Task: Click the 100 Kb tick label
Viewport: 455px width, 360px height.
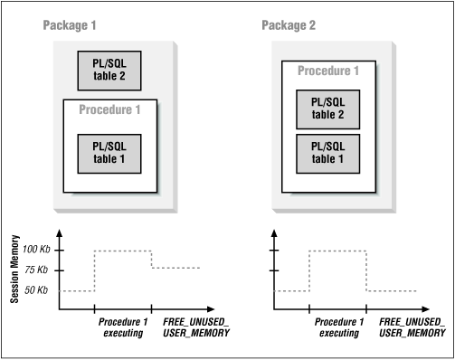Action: click(x=36, y=250)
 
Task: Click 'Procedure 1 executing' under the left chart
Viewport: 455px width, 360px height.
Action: click(x=121, y=327)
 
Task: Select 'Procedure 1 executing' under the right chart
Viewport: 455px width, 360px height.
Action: click(x=337, y=327)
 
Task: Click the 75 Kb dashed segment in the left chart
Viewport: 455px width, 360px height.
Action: click(x=176, y=268)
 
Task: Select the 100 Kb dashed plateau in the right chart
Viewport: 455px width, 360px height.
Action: click(x=337, y=251)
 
